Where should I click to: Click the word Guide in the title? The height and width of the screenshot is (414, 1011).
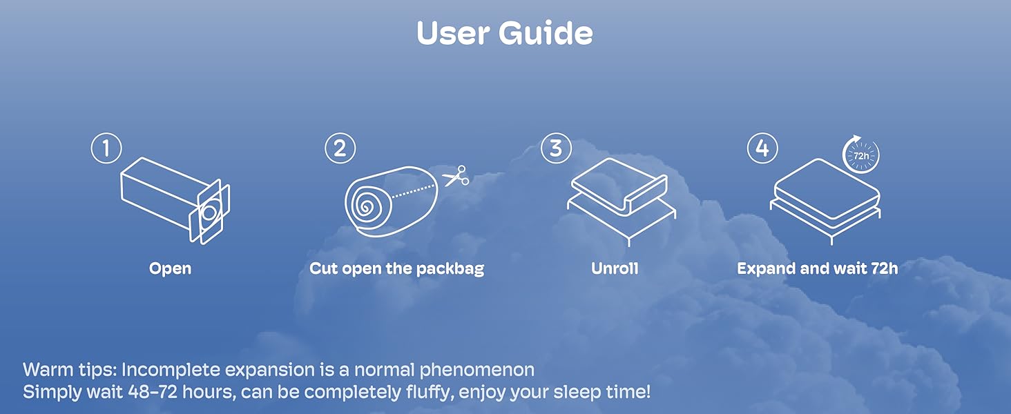click(x=546, y=32)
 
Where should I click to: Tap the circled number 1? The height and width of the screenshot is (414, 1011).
click(x=106, y=148)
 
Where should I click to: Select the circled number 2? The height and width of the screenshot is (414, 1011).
click(x=340, y=148)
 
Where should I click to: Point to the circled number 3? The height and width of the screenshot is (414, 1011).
click(x=556, y=148)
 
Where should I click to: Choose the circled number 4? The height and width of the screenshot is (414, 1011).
click(x=762, y=148)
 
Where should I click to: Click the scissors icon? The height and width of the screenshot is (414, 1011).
click(x=456, y=176)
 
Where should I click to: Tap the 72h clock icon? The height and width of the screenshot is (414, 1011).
click(x=860, y=155)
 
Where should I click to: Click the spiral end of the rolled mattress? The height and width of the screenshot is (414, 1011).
click(x=365, y=208)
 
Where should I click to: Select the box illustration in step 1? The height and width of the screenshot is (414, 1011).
click(x=175, y=201)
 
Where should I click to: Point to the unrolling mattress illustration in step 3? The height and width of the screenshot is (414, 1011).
click(x=622, y=201)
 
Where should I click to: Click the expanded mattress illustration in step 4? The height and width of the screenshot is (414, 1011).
click(x=825, y=201)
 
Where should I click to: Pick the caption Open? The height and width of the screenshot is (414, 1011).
click(x=170, y=269)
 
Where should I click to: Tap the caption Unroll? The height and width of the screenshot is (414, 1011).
click(x=615, y=268)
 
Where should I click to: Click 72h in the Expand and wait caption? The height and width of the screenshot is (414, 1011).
click(x=885, y=268)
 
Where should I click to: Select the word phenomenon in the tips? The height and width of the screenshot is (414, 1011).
click(x=477, y=370)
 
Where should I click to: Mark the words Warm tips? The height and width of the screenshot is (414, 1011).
click(x=70, y=370)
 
